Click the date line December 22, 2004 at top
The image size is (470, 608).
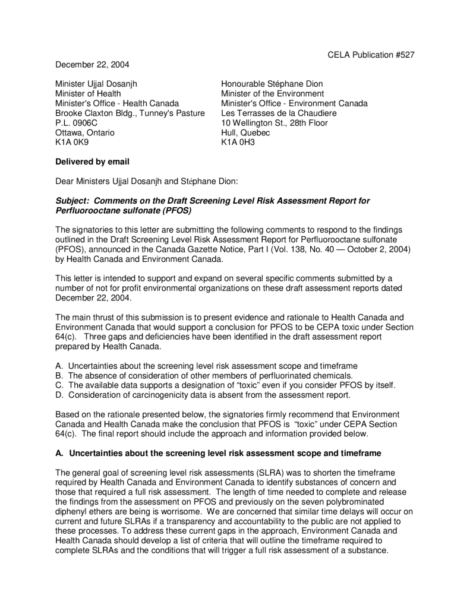click(92, 64)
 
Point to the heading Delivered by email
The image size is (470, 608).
click(92, 162)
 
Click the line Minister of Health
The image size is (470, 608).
click(88, 94)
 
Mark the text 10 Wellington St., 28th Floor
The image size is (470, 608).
click(274, 123)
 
